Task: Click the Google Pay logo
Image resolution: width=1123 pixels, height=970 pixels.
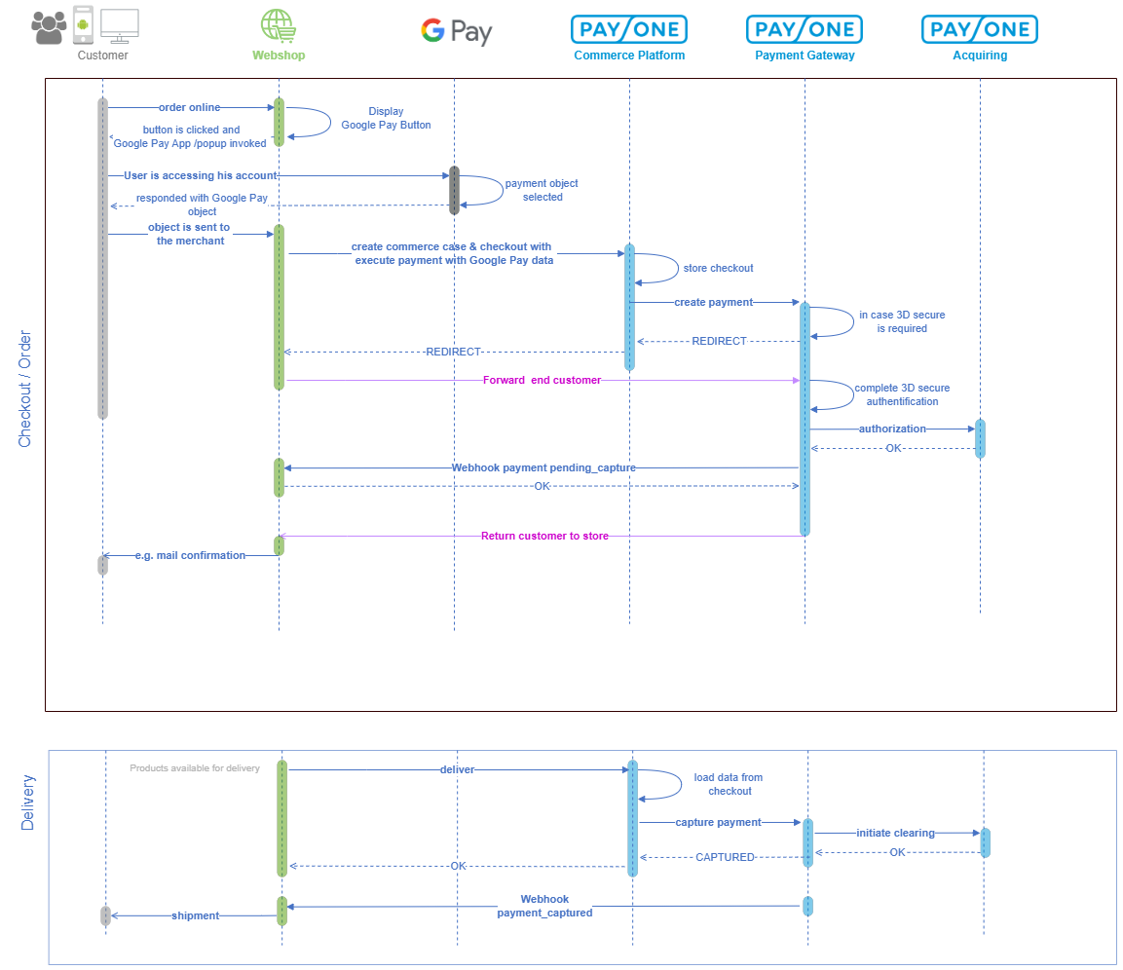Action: (x=456, y=31)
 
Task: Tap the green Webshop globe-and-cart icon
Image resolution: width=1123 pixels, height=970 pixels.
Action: (x=279, y=26)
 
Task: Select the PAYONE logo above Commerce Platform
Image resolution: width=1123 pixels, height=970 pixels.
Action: (x=629, y=29)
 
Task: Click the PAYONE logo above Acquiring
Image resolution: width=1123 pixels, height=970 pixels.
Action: (x=979, y=29)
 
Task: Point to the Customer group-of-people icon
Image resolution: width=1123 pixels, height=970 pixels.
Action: (x=49, y=27)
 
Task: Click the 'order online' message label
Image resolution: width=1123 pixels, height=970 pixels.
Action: (x=189, y=107)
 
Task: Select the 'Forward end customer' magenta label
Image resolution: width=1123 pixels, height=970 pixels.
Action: (x=543, y=381)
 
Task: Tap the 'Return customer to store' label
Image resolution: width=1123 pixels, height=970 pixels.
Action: (x=544, y=536)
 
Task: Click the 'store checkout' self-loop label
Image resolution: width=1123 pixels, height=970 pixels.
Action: (x=719, y=268)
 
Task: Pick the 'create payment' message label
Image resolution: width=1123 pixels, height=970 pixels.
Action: (x=713, y=302)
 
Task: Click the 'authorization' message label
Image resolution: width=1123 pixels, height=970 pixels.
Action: (x=892, y=429)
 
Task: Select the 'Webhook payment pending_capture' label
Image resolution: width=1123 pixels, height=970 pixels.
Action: (x=543, y=467)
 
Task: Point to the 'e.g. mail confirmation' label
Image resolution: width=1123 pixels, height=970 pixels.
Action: (x=190, y=555)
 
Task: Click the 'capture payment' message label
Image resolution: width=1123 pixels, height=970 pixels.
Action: (x=719, y=822)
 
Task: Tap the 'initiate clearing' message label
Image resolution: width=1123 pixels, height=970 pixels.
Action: (x=895, y=834)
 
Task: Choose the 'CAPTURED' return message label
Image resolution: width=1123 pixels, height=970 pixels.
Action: (x=725, y=858)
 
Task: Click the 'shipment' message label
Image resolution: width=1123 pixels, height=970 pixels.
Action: (x=195, y=915)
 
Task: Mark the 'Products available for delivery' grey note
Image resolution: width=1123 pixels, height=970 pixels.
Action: (x=195, y=768)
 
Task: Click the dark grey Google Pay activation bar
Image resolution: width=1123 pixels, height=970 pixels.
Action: (x=454, y=191)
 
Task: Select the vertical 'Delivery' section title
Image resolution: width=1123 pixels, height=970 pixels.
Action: (x=27, y=802)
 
